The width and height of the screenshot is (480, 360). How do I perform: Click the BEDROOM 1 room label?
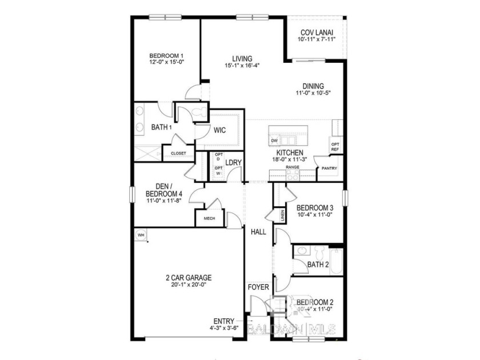click(x=166, y=55)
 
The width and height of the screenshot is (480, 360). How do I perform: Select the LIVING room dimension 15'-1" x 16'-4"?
click(x=242, y=66)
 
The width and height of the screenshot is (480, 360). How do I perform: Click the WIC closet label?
click(x=220, y=130)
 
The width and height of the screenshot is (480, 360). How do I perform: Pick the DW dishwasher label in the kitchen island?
click(x=274, y=141)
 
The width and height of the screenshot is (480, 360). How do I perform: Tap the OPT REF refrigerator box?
click(x=335, y=146)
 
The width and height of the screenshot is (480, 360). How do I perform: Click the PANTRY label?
click(x=330, y=169)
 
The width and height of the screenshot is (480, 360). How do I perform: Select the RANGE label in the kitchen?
click(x=293, y=167)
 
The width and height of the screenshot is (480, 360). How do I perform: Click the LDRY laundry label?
click(x=234, y=163)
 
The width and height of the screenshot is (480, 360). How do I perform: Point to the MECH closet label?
click(x=209, y=218)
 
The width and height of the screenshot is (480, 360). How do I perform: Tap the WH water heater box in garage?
click(x=141, y=234)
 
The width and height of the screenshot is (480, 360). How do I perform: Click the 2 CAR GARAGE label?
click(x=189, y=278)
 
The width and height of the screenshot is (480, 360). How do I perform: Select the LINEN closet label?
click(x=283, y=215)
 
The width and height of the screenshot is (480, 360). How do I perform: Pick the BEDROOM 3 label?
click(x=315, y=207)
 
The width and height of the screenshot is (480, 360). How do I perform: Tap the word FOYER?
click(x=258, y=287)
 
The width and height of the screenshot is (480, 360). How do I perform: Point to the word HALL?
click(x=258, y=232)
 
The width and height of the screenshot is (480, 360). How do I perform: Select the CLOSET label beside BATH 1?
click(x=178, y=153)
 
